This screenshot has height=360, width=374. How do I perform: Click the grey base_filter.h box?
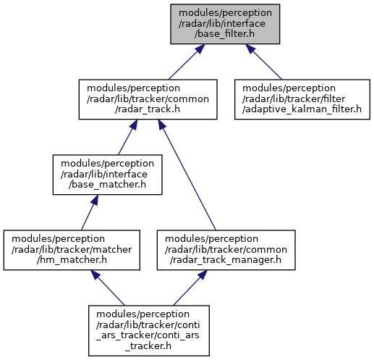pyautogui.click(x=225, y=24)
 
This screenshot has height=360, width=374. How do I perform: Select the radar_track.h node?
pyautogui.click(x=148, y=99)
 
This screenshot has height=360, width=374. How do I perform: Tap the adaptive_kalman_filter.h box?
pyautogui.click(x=302, y=99)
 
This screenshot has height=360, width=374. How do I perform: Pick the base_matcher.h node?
pyautogui.click(x=107, y=175)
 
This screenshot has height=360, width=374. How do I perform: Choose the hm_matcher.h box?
pyautogui.click(x=72, y=250)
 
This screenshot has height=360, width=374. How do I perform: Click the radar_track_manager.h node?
pyautogui.click(x=226, y=250)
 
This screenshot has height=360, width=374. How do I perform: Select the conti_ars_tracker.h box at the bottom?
pyautogui.click(x=149, y=330)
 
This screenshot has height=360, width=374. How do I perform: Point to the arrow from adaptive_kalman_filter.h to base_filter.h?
pyautogui.click(x=263, y=62)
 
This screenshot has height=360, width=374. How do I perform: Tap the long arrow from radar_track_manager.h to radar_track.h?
pyautogui.click(x=187, y=175)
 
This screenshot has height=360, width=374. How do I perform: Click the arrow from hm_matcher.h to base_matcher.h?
pyautogui.click(x=89, y=212)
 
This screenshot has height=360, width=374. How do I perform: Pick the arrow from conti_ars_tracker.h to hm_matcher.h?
pyautogui.click(x=108, y=288)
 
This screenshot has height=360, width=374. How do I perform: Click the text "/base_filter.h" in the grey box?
pyautogui.click(x=224, y=34)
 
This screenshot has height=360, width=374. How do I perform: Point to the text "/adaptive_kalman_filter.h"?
pyautogui.click(x=302, y=109)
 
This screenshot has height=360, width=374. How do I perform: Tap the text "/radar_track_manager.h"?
pyautogui.click(x=226, y=260)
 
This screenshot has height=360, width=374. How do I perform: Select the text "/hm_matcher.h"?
pyautogui.click(x=72, y=260)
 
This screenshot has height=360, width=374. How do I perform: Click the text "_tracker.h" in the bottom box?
pyautogui.click(x=148, y=346)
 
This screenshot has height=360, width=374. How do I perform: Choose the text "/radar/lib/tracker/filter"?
pyautogui.click(x=294, y=99)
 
